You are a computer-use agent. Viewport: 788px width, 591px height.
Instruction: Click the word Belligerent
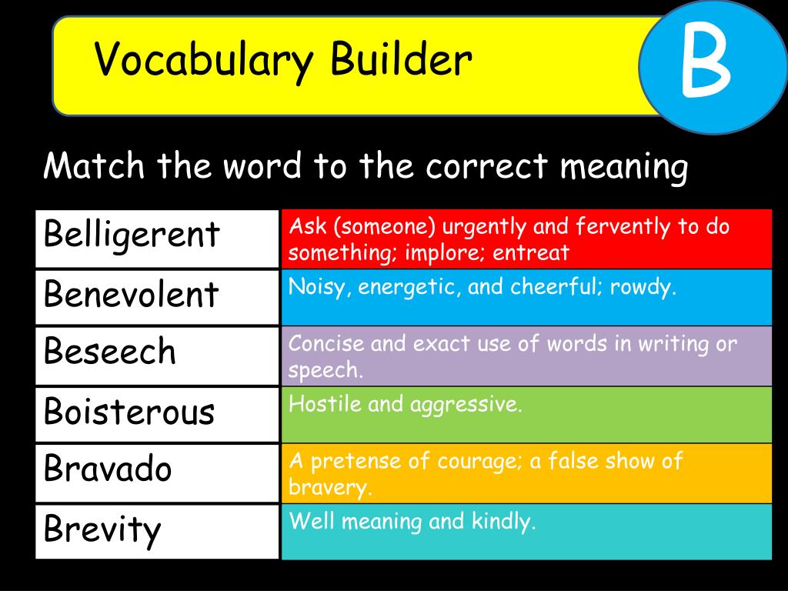[132, 234]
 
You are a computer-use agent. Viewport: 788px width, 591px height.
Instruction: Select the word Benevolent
[131, 294]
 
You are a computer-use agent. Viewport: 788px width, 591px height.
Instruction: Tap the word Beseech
[110, 352]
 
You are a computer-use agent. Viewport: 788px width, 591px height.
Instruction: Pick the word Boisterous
[129, 412]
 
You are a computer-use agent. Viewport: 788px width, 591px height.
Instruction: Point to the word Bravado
[108, 469]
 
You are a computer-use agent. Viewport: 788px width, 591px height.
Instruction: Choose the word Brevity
[102, 529]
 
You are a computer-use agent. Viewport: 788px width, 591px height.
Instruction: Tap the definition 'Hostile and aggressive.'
[406, 405]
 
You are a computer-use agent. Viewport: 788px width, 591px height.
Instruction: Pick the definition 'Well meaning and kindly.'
[412, 522]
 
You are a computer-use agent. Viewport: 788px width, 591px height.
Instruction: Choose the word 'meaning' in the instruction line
[623, 166]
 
